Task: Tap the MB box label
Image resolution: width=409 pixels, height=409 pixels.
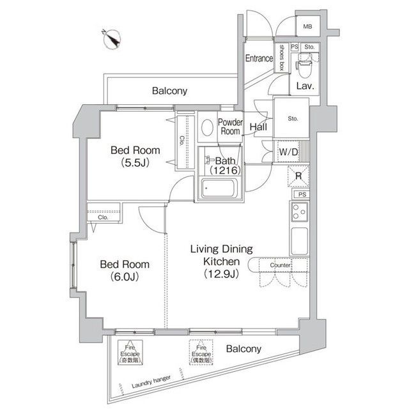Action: click(x=308, y=27)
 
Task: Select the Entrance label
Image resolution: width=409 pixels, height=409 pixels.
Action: click(x=259, y=59)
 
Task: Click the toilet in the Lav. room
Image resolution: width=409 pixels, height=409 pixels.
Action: click(x=304, y=62)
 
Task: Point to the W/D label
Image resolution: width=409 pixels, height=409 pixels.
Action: click(x=289, y=152)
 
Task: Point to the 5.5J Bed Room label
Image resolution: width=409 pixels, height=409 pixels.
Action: click(x=135, y=157)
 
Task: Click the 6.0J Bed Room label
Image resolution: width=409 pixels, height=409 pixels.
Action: click(x=125, y=270)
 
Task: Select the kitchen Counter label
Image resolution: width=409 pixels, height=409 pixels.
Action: click(x=280, y=265)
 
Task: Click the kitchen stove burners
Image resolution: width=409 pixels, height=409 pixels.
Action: click(x=298, y=212)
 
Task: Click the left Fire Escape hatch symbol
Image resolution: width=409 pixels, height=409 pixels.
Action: click(x=130, y=352)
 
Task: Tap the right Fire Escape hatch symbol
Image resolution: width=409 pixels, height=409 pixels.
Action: click(x=200, y=352)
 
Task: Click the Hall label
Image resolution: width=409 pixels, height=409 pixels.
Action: click(x=258, y=127)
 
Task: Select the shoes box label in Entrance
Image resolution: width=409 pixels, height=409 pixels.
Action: click(x=281, y=59)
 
